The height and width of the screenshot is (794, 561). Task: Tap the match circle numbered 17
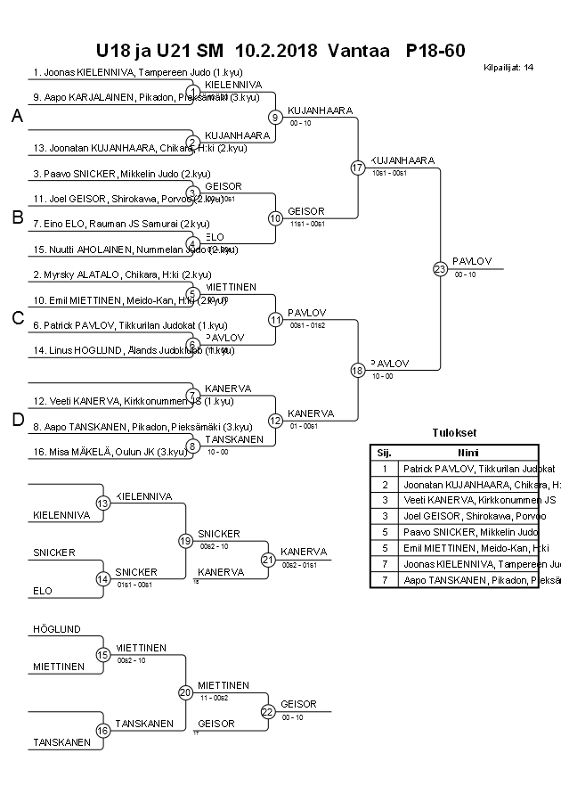point(358,168)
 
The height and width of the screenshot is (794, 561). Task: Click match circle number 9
point(276,117)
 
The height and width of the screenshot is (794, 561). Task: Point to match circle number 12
point(276,420)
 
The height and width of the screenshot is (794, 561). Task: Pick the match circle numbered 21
point(267,559)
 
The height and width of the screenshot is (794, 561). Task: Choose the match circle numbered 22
point(267,711)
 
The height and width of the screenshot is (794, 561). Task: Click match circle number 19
point(185,540)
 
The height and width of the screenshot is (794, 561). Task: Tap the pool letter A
point(16,117)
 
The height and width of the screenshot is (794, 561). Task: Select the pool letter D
point(16,420)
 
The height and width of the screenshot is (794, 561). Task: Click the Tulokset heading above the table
point(454,434)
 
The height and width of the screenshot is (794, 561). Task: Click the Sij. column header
point(384,452)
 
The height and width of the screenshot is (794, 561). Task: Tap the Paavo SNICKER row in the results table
point(466,532)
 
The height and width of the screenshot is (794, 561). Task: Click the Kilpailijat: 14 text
point(508,67)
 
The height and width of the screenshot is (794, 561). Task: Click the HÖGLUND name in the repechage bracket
point(57,629)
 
